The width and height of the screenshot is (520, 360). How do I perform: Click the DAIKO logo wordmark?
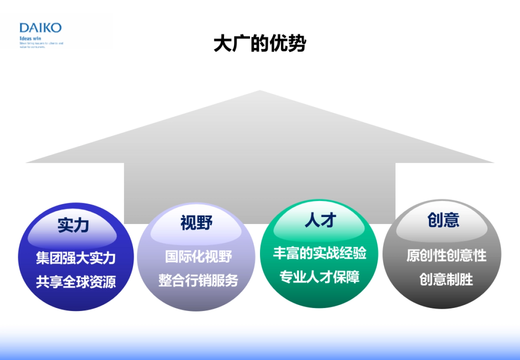pos(40,28)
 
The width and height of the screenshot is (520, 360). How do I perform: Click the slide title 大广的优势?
pos(260,43)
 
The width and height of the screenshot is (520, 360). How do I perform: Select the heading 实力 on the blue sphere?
pos(73,225)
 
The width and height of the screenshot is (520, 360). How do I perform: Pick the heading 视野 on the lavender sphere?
pos(196,223)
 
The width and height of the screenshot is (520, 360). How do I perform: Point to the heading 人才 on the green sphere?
pos(320,221)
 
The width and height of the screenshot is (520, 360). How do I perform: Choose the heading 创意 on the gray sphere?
pos(443,220)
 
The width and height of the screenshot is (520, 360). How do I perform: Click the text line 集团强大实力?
pos(76,258)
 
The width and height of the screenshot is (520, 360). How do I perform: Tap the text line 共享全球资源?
pos(76,282)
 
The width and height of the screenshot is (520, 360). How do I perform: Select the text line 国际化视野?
pos(198,256)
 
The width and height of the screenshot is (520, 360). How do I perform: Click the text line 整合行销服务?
pos(198,280)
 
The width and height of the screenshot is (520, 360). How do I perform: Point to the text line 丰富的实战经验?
pos(320,253)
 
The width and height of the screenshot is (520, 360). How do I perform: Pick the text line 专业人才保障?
pos(320,277)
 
